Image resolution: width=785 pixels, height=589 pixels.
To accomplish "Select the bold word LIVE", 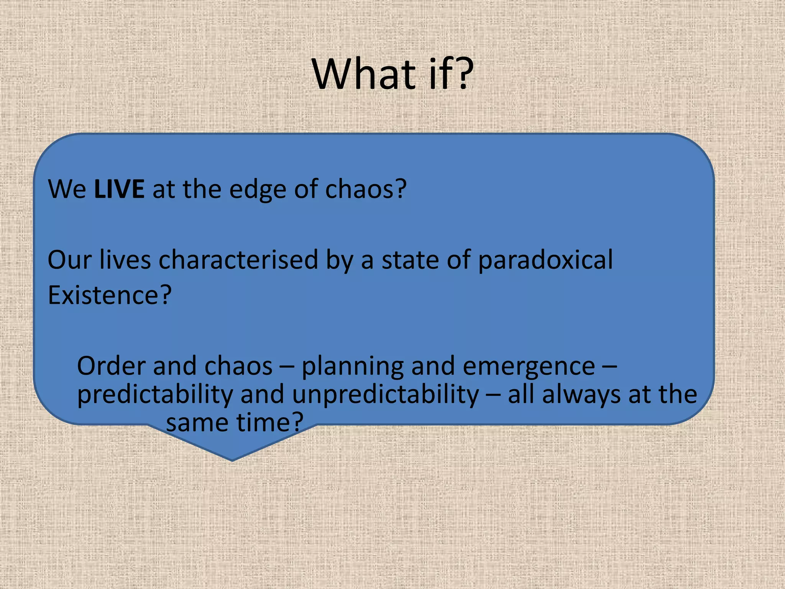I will [119, 189].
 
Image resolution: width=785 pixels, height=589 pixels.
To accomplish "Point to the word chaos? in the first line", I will [366, 189].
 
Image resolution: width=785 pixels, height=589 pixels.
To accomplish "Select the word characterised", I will [238, 260].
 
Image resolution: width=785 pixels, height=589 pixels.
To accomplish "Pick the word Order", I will [112, 366].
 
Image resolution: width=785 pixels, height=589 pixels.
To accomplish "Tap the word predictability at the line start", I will [155, 395].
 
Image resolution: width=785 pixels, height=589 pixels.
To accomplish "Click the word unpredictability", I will [386, 395].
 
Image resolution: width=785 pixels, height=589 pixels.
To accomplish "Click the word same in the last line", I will [197, 423].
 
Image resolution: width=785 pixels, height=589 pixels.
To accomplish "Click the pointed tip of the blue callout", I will [232, 460].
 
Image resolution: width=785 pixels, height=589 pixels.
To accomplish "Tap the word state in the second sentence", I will [410, 260].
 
